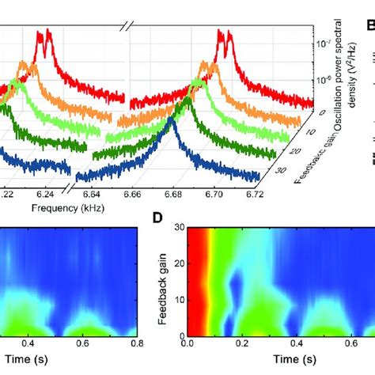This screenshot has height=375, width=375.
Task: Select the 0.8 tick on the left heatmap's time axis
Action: click(x=137, y=344)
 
